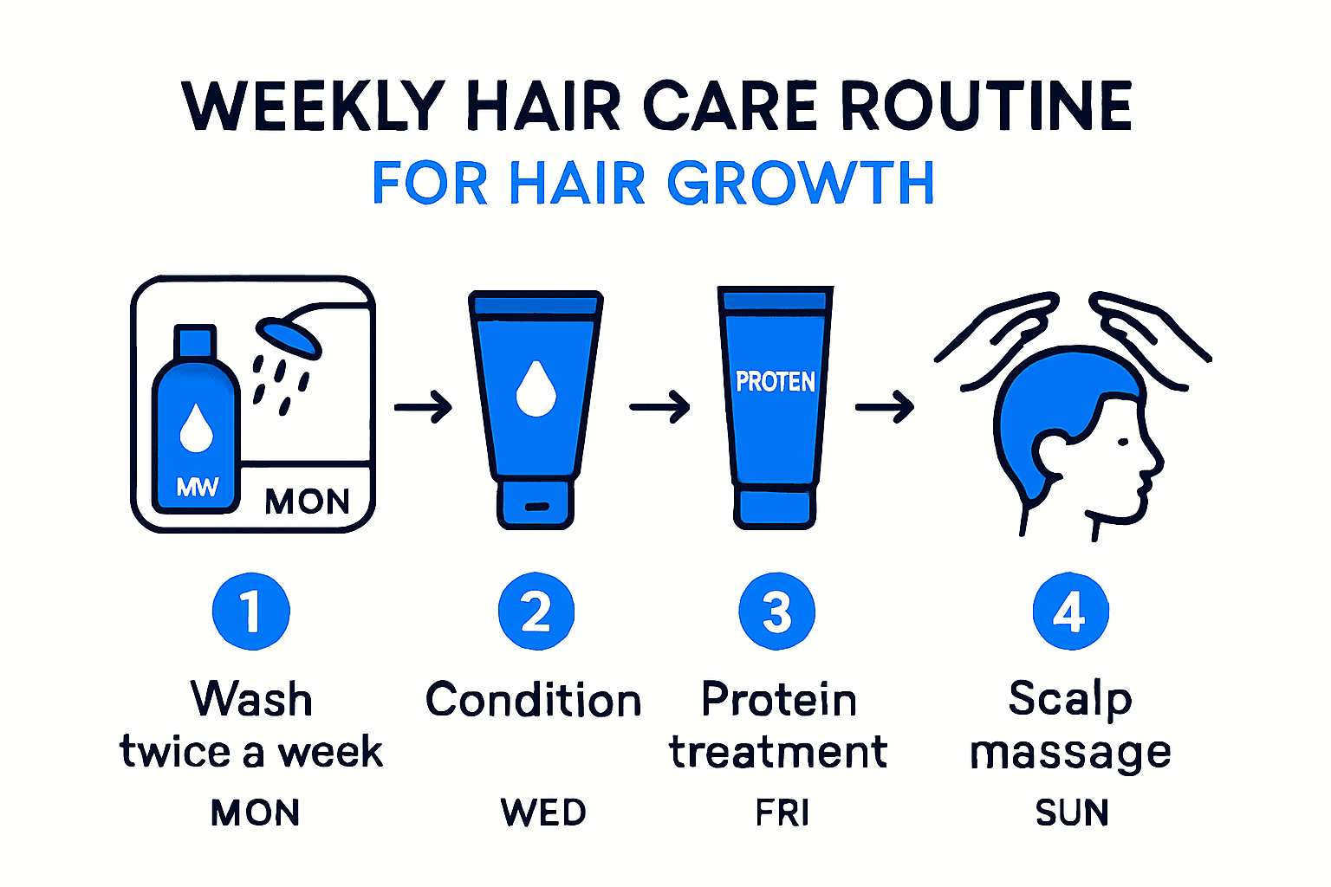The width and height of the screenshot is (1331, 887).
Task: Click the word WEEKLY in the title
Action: [x=314, y=107]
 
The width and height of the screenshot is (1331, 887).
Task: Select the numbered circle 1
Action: [x=251, y=612]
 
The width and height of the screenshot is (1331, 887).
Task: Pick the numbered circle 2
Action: [x=536, y=612]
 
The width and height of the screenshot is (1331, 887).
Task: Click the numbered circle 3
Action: [x=777, y=612]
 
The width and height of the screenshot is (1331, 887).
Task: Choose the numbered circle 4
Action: [x=1071, y=612]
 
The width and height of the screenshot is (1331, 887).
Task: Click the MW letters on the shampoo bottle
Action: [x=198, y=487]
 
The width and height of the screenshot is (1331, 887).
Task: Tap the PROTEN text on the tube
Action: [x=776, y=382]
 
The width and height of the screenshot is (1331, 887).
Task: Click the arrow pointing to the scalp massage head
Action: [x=885, y=406]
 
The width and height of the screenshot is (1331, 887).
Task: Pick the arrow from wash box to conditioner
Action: [x=424, y=406]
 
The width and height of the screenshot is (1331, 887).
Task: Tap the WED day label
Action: [x=543, y=813]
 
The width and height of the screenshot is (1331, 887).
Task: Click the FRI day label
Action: [x=782, y=813]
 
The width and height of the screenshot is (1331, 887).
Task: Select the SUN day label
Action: [x=1072, y=813]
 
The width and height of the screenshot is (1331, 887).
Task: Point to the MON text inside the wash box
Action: [x=307, y=502]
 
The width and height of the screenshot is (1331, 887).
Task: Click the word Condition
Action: [x=533, y=700]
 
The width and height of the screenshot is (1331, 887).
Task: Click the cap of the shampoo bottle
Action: [x=195, y=340]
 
